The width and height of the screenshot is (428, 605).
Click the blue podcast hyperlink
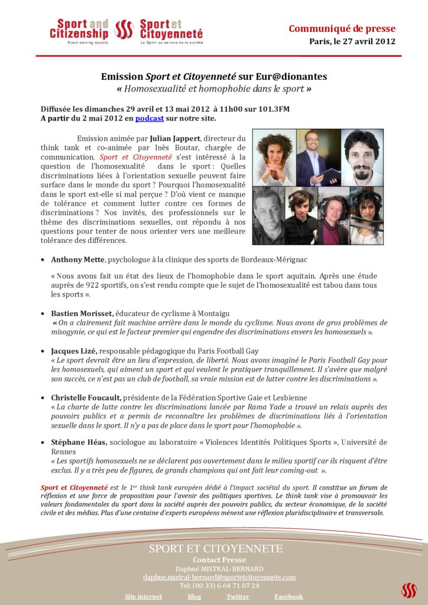click(150, 118)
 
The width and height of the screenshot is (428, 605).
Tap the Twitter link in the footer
click(237, 596)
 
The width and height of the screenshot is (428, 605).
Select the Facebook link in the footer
click(288, 596)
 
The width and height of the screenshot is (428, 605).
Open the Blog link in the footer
click(194, 596)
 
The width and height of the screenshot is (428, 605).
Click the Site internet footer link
click(143, 596)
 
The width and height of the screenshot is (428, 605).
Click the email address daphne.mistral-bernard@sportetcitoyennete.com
click(219, 577)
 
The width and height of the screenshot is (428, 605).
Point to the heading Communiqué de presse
click(342, 29)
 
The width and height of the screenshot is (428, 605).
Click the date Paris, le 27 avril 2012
click(352, 41)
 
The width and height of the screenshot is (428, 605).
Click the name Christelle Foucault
click(86, 398)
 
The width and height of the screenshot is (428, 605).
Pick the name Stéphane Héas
click(79, 442)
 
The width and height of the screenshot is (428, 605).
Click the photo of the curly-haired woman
click(274, 157)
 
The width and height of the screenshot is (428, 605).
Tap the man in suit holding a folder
click(318, 157)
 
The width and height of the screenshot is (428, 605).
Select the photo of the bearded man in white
click(362, 157)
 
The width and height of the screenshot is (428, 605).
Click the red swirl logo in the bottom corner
click(408, 590)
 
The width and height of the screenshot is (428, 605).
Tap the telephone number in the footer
click(219, 586)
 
